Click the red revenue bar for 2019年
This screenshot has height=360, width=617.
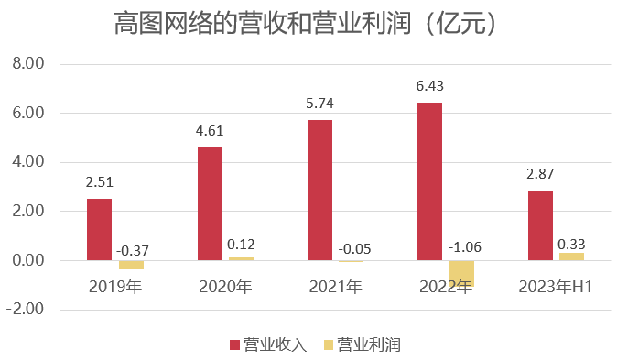[x=99, y=229]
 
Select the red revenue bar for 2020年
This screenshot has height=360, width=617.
[x=210, y=203]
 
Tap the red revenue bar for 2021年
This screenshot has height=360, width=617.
[x=319, y=190]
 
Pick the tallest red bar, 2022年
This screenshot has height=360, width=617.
[x=429, y=181]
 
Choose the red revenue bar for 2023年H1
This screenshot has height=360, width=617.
[x=540, y=225]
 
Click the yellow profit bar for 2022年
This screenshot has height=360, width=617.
[x=461, y=273]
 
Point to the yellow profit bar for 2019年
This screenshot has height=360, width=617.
[x=131, y=265]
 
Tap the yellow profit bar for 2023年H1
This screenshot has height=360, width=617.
[x=571, y=256]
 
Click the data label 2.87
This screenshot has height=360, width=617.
[x=540, y=174]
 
